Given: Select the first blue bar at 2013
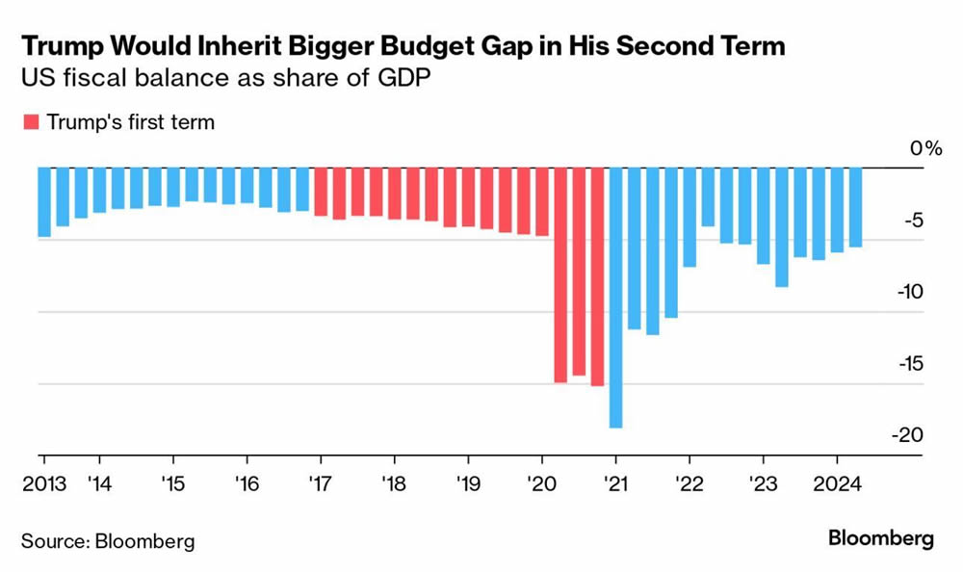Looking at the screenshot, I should (x=44, y=201).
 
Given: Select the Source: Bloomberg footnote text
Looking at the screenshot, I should (x=108, y=540).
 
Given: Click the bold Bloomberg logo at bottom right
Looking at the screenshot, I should (x=881, y=539).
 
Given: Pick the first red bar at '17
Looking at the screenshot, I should (x=321, y=191).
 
